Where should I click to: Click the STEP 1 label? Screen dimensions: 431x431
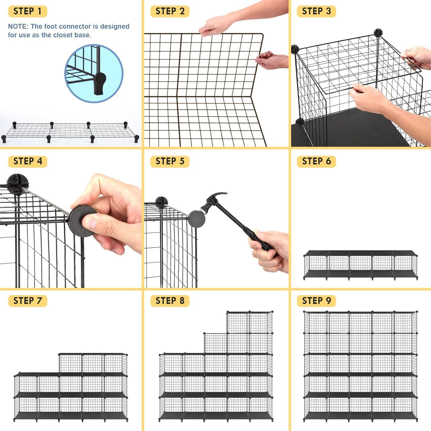(x=28, y=11)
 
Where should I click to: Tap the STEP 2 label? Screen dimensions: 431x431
(x=170, y=11)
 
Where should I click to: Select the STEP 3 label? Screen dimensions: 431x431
(x=316, y=11)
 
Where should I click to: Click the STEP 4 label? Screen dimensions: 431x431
(x=28, y=161)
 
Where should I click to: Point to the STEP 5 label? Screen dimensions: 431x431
(x=170, y=161)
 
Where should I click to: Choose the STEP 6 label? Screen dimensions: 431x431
(x=316, y=161)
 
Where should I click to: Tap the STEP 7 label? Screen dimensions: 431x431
(x=28, y=301)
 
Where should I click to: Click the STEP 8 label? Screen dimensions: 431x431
(x=170, y=301)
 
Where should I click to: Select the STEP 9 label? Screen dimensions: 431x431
(x=316, y=301)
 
